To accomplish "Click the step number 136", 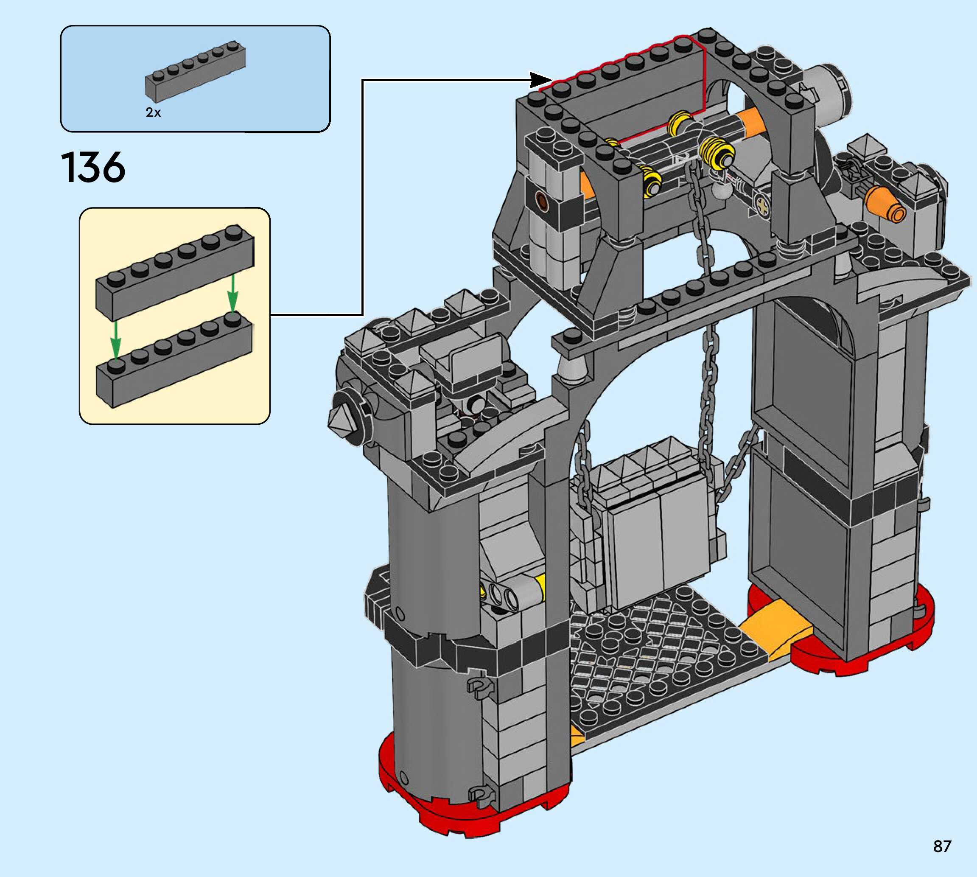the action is (x=93, y=167).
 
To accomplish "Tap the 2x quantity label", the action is (x=153, y=112).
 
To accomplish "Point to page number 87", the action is (x=942, y=846).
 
